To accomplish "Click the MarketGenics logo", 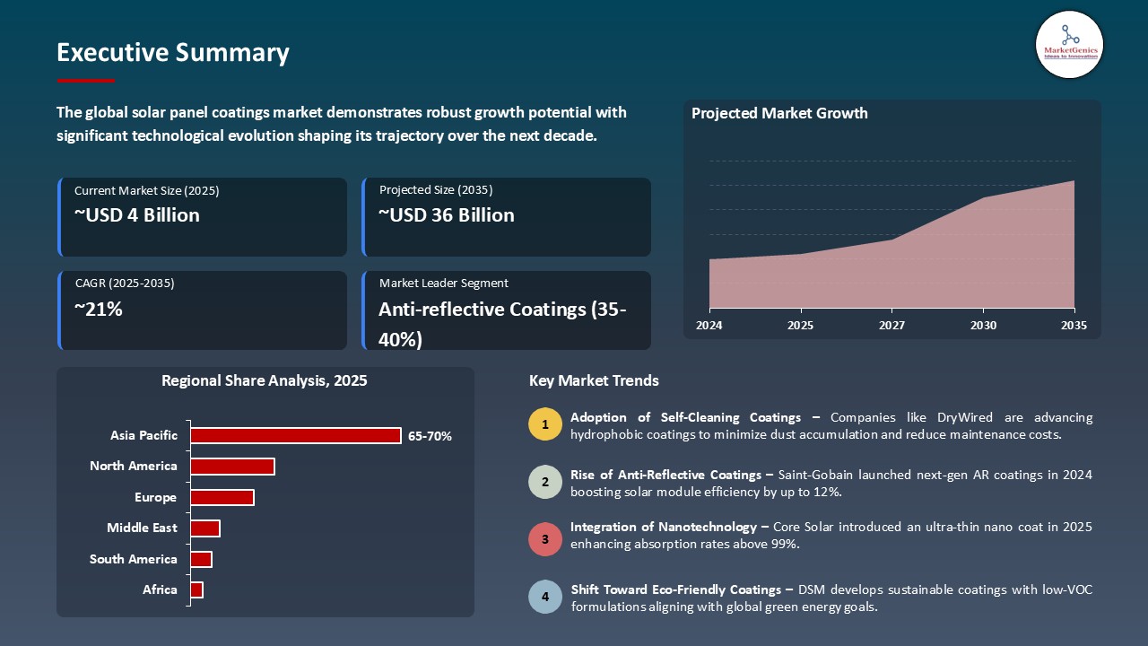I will [x=1069, y=44].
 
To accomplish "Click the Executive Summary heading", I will [x=172, y=53].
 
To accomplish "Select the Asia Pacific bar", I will [x=295, y=435].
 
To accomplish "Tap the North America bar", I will [x=232, y=467].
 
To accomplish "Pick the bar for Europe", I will [x=222, y=497].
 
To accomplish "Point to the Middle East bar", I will [x=204, y=528].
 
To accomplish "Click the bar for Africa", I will [x=196, y=589].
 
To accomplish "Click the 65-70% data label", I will [x=430, y=436].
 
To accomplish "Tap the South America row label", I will [x=133, y=559].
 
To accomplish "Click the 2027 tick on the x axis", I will [x=891, y=326].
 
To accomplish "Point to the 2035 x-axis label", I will [x=1074, y=326].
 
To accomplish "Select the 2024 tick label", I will [x=709, y=326].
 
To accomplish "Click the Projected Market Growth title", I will [x=779, y=113].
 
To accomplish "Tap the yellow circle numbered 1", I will [x=545, y=424].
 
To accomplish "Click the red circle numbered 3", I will [x=545, y=540].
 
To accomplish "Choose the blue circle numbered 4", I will [x=545, y=597].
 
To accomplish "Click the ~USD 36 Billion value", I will [x=446, y=215].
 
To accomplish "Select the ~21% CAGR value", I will [x=98, y=310].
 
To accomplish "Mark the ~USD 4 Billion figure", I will [x=136, y=215].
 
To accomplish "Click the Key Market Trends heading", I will [x=594, y=380].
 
